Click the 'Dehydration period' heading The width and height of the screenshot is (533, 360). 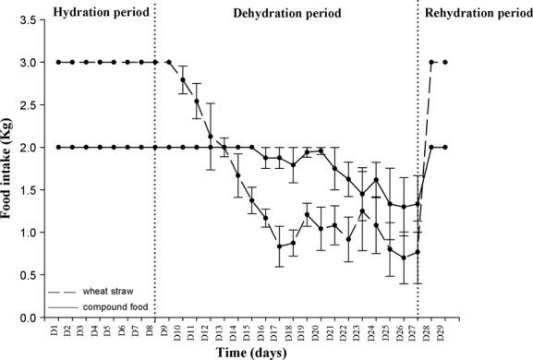coord(286,14)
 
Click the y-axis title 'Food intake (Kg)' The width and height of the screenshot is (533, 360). coord(11,168)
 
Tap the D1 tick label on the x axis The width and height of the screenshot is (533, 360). coord(58,329)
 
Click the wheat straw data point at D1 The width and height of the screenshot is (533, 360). coord(58,63)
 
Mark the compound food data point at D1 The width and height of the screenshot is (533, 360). coord(58,148)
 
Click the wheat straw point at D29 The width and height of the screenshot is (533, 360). coord(446,63)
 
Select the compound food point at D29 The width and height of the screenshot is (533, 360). coord(446,148)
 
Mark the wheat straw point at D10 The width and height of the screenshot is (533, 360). coord(183,80)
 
